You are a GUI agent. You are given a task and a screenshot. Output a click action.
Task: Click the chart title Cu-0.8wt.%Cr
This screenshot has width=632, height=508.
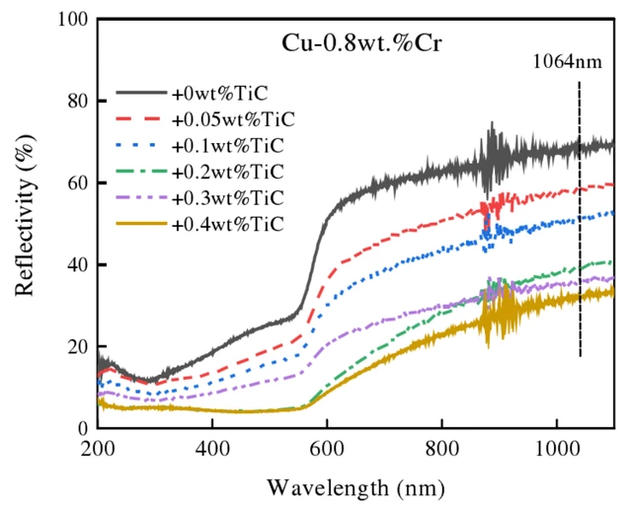tap(361, 43)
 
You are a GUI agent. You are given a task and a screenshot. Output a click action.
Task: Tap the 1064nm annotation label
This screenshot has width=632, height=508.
tap(567, 62)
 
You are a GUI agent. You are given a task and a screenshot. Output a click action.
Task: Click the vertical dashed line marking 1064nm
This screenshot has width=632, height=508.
tap(580, 219)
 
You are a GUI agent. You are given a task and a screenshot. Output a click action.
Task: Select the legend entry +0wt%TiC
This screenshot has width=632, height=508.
tap(220, 94)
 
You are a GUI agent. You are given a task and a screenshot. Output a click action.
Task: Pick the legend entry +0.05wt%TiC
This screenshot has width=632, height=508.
tap(233, 119)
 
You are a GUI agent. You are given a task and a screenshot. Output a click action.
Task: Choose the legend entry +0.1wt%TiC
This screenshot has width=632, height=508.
tap(228, 146)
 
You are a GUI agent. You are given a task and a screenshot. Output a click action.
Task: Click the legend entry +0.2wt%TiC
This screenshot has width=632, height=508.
tap(228, 172)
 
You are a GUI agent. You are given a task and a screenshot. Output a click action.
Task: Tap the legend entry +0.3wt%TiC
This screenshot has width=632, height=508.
tap(228, 197)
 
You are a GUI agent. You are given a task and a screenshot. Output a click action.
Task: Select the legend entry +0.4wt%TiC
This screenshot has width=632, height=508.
tap(228, 224)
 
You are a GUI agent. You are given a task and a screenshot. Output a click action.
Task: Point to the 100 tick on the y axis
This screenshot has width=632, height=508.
tap(73, 19)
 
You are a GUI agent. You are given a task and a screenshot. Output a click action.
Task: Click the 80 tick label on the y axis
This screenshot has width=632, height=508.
tap(78, 101)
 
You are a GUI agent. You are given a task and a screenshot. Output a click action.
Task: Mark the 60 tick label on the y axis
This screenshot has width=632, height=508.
tap(78, 182)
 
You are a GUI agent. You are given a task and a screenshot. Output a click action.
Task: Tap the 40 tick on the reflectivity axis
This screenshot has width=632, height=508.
tap(78, 264)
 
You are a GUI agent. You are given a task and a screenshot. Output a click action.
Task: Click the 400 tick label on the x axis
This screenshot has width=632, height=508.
tap(212, 449)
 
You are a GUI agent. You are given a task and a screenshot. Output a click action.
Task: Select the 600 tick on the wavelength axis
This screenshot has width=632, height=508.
tap(327, 449)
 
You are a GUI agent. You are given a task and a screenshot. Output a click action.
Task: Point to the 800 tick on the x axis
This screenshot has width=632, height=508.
tap(442, 449)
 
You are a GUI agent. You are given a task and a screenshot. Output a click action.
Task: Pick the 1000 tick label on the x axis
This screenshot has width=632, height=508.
tap(557, 449)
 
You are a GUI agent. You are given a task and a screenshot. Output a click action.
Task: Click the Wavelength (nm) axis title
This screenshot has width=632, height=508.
tap(355, 488)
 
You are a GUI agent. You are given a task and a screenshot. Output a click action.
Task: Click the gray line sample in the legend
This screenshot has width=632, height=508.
tap(141, 93)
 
